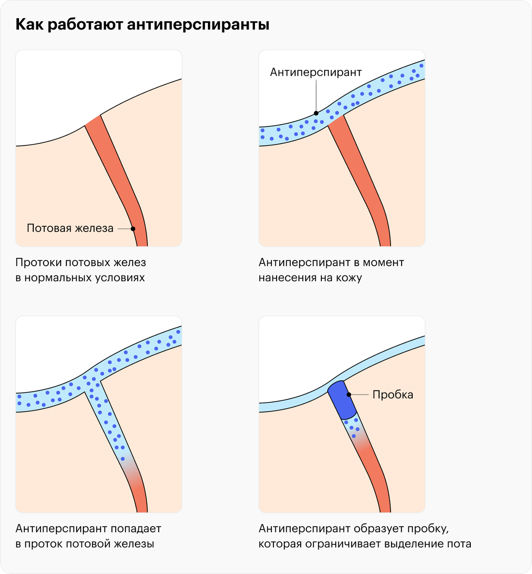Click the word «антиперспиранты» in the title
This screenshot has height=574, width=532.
pos(198,25)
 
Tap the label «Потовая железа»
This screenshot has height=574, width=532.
pos(70,228)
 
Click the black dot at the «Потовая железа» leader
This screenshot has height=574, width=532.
pos(133,228)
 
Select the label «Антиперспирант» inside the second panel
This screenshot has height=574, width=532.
pos(316,72)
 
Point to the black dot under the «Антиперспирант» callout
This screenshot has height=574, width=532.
pos(316,113)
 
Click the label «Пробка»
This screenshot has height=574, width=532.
pos(393,394)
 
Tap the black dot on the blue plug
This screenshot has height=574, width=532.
pos(349,394)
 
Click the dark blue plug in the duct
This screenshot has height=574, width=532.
pos(342,400)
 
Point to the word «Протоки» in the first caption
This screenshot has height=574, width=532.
pos(39,263)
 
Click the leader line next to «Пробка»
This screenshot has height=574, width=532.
pos(359,394)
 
